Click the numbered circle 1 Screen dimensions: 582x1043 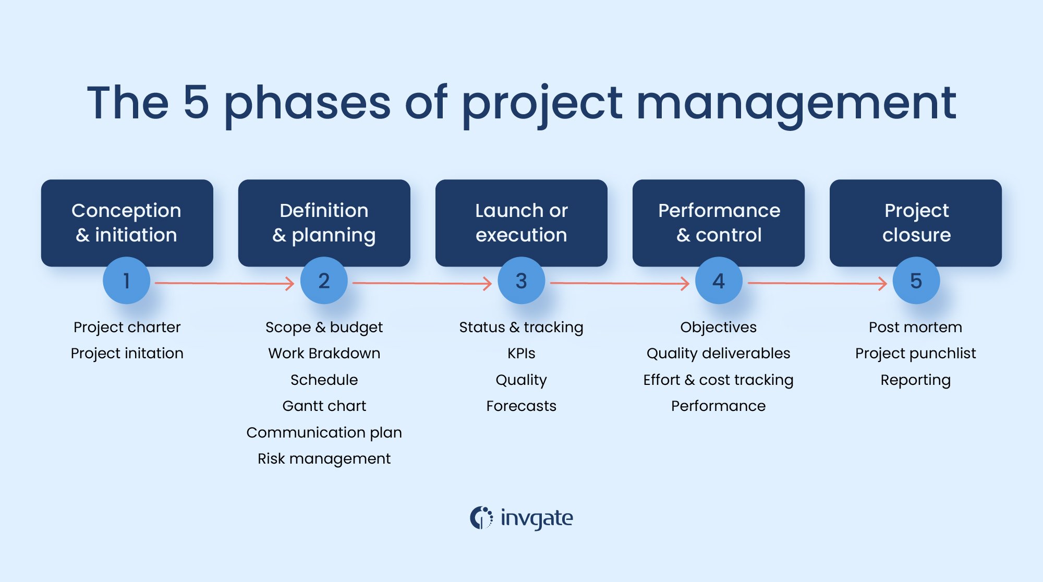click(x=126, y=281)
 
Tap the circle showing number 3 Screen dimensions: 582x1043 click(x=521, y=281)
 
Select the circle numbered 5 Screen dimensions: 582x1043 click(x=916, y=281)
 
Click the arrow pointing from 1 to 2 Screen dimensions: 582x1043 click(x=224, y=283)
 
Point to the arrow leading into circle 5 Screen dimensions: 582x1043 click(x=817, y=283)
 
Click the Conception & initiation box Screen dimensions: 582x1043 click(x=127, y=223)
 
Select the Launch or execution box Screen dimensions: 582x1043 click(x=521, y=223)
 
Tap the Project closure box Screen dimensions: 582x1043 click(x=916, y=223)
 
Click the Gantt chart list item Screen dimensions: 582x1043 click(x=324, y=406)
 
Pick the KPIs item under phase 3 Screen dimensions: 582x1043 click(x=521, y=354)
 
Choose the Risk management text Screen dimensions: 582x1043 click(x=324, y=458)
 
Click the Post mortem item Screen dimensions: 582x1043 click(x=915, y=327)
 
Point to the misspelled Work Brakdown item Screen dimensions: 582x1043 click(x=324, y=354)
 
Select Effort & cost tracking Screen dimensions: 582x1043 click(x=718, y=380)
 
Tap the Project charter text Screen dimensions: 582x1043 click(x=127, y=327)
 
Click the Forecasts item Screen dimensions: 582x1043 click(x=521, y=406)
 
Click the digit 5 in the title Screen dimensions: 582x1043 click(x=196, y=102)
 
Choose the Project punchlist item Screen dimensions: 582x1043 click(x=915, y=354)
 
